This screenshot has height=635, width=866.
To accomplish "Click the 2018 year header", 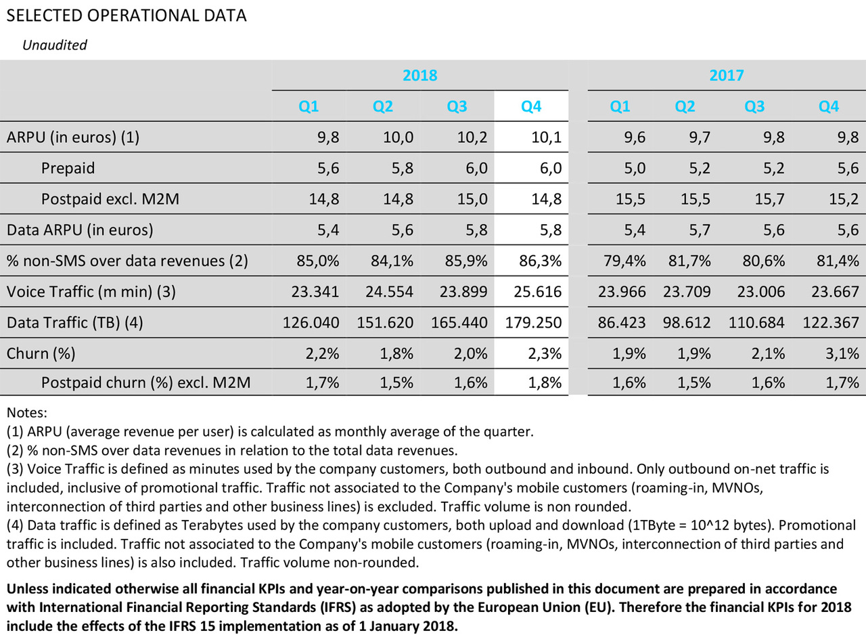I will pyautogui.click(x=420, y=75).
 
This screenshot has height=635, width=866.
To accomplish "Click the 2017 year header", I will pyautogui.click(x=726, y=75).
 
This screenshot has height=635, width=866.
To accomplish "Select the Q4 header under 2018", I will pyautogui.click(x=530, y=106).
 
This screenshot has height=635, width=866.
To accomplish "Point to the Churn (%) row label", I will pyautogui.click(x=40, y=353).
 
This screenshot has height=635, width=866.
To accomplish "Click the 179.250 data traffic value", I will pyautogui.click(x=533, y=322).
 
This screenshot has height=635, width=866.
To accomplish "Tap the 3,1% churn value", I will pyautogui.click(x=841, y=353).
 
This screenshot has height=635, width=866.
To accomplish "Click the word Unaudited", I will pyautogui.click(x=55, y=45).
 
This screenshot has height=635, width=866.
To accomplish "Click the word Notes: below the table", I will pyautogui.click(x=26, y=412).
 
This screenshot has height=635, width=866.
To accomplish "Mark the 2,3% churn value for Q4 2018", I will pyautogui.click(x=544, y=353).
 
